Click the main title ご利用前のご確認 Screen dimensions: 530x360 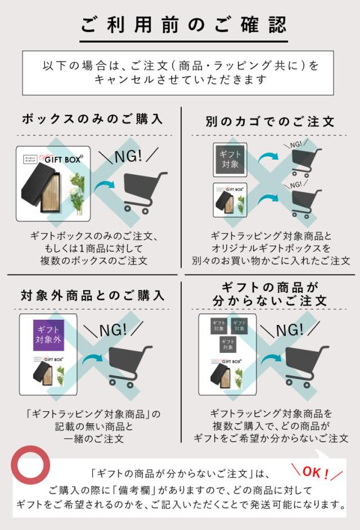(x=183, y=24)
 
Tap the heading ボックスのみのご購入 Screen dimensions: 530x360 (x=92, y=119)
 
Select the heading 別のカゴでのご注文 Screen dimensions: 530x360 (x=270, y=121)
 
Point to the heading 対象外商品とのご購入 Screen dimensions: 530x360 (x=93, y=295)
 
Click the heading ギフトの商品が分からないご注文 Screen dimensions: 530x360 (x=270, y=294)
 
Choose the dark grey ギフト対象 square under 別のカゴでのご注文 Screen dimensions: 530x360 (x=230, y=160)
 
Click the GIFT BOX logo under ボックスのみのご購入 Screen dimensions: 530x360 (x=64, y=159)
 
